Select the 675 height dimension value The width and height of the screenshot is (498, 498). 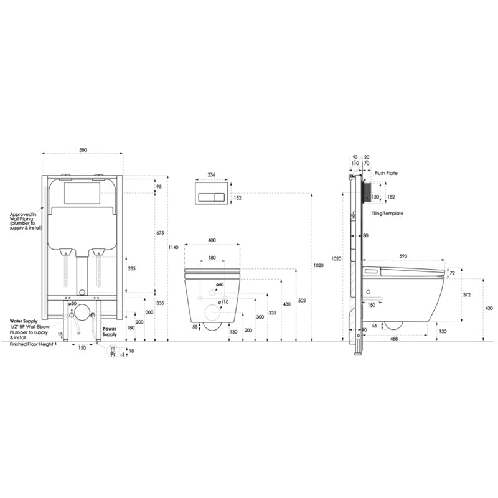(x=159, y=233)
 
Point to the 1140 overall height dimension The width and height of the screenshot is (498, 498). (x=173, y=248)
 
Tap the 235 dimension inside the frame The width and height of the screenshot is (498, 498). (x=131, y=269)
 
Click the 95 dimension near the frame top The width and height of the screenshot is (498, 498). (x=158, y=186)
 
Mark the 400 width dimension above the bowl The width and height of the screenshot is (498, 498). (x=213, y=240)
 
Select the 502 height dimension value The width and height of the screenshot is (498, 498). (x=302, y=301)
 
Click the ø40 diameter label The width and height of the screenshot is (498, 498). (x=220, y=284)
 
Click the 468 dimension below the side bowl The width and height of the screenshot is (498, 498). (x=395, y=338)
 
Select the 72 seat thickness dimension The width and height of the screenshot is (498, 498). (x=453, y=273)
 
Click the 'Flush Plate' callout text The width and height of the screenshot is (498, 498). (x=386, y=173)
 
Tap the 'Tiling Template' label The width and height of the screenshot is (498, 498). (x=387, y=214)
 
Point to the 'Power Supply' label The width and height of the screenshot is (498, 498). (x=110, y=332)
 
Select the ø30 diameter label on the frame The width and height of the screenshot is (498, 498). (x=72, y=303)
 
